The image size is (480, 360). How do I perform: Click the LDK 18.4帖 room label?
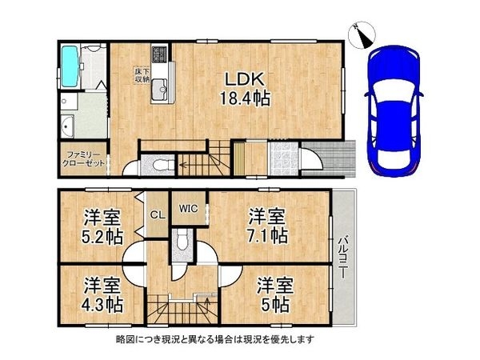[245, 90]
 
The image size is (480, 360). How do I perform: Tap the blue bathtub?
[70, 66]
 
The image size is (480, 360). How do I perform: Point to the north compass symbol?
[363, 35]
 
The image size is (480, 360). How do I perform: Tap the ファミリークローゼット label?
[84, 158]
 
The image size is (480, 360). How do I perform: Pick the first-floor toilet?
[160, 165]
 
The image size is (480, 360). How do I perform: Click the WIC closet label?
[189, 209]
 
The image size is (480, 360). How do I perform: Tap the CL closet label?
[158, 214]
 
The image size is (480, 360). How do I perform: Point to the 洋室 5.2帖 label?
[102, 226]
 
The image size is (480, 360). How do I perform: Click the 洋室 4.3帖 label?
[102, 294]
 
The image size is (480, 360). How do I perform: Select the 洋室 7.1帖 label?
[267, 226]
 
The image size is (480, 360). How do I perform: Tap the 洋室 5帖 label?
[275, 294]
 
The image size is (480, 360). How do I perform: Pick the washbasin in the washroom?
[66, 126]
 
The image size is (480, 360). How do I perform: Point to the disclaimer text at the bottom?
[215, 339]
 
